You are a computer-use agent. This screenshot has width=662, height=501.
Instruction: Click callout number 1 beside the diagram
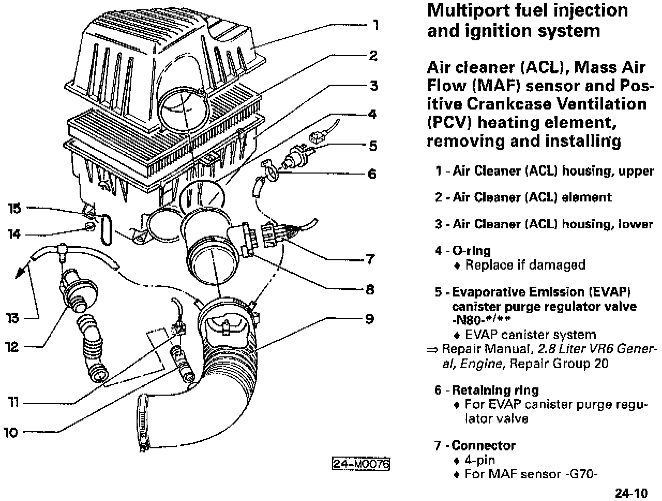tap(376, 25)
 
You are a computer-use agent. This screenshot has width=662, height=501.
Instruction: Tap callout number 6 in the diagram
tap(372, 174)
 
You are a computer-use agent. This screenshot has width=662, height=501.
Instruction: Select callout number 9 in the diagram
tap(369, 319)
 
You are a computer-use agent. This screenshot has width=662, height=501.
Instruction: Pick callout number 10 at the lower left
tap(11, 432)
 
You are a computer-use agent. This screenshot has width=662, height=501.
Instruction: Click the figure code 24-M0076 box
tap(360, 463)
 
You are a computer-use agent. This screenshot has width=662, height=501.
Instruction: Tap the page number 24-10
tap(632, 493)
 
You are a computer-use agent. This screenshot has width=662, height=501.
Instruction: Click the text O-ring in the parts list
tap(471, 251)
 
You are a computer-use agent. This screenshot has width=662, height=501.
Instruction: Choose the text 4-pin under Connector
tap(480, 460)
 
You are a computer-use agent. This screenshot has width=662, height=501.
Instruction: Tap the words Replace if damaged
tap(525, 265)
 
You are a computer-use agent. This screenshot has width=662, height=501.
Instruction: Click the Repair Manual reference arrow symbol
tap(432, 350)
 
